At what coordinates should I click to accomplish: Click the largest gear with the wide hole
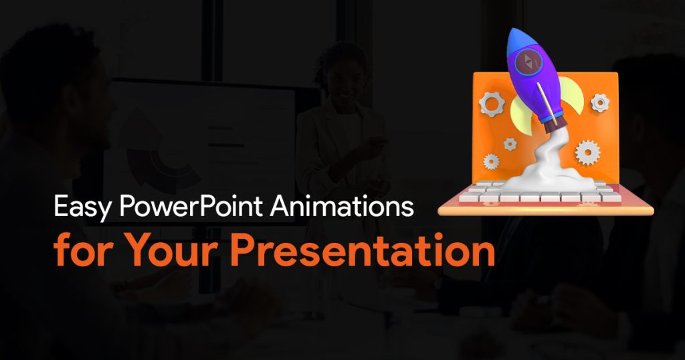click(492, 104)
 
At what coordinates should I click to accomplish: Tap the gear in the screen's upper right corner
click(600, 103)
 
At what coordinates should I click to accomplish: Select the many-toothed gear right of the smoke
click(587, 153)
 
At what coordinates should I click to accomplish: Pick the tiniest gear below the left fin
click(510, 144)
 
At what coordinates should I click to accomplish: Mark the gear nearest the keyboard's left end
click(492, 162)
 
